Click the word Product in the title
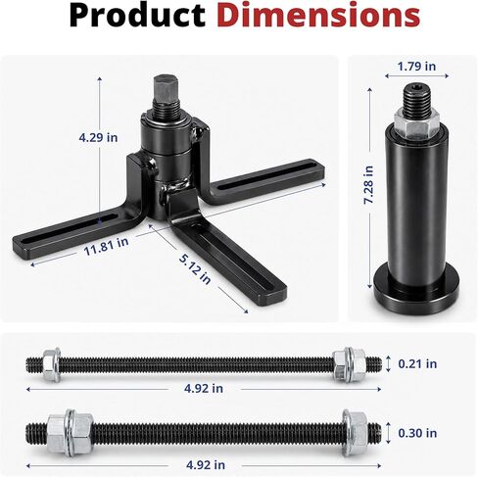[137, 16]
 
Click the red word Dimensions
[318, 15]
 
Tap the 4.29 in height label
[98, 137]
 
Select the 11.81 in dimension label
[106, 247]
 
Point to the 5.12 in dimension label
[195, 268]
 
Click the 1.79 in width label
[416, 67]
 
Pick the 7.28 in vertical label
[368, 185]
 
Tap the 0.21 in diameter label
[417, 363]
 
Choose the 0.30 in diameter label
[417, 433]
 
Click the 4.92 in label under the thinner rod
[204, 389]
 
